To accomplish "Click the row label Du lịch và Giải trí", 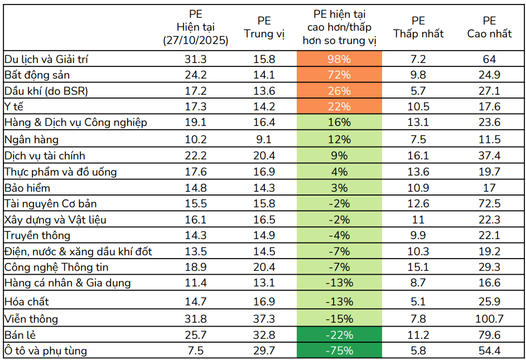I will click(x=46, y=59).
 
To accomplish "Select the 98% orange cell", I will click(x=339, y=59).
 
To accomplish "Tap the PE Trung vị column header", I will click(x=264, y=27).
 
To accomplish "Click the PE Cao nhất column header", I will click(x=489, y=27).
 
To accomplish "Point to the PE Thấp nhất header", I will click(x=418, y=27).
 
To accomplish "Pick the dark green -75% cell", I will click(x=339, y=351).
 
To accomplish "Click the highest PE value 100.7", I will click(x=489, y=319).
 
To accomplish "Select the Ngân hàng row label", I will click(x=31, y=139).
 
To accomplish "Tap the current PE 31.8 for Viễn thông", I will click(x=195, y=319).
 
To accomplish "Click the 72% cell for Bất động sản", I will click(x=339, y=75).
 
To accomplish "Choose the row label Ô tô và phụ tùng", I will click(x=46, y=351).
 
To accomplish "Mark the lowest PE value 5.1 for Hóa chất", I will click(x=418, y=301).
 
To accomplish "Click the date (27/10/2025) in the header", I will click(x=195, y=41).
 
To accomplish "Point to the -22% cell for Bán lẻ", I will click(x=339, y=335).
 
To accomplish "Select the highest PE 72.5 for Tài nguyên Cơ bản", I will click(x=489, y=203).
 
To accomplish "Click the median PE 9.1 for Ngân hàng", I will click(x=264, y=139).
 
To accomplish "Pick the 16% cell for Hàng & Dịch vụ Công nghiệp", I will click(x=339, y=122).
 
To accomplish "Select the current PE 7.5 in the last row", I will click(x=195, y=351).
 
